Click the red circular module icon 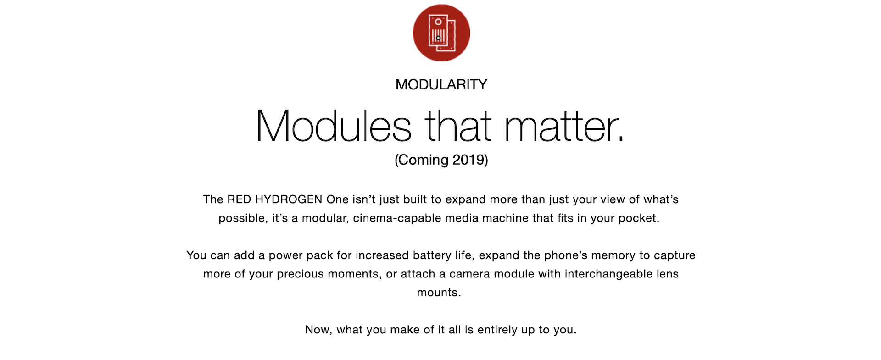(441, 33)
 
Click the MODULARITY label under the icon (441, 84)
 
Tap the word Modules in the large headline (334, 126)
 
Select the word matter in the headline (564, 127)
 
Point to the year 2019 (468, 160)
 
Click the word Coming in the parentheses (424, 160)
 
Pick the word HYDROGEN (289, 199)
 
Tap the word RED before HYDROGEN (239, 199)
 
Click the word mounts (439, 293)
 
